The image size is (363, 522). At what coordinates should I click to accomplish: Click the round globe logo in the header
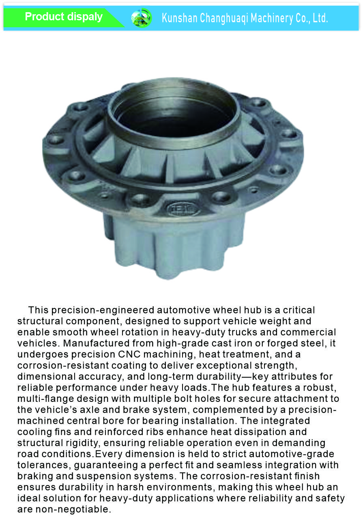(141, 18)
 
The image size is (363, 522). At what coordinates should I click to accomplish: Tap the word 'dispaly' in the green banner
(85, 17)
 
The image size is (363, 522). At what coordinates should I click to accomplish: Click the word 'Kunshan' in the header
(180, 18)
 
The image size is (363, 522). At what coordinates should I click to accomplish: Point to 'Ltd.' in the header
(320, 18)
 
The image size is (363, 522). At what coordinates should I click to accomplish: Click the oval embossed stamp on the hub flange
(183, 209)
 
